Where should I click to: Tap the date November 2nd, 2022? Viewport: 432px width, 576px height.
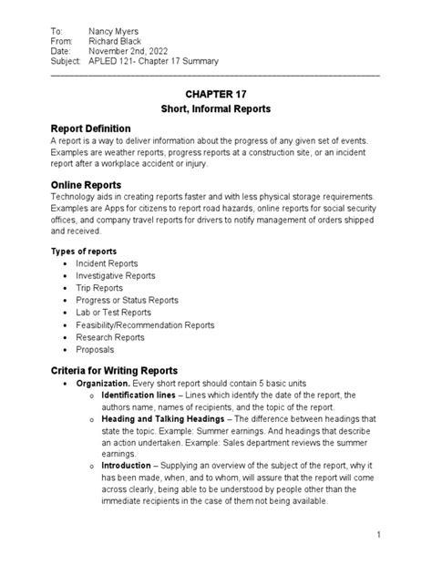pyautogui.click(x=132, y=53)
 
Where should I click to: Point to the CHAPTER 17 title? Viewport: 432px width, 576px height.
pyautogui.click(x=216, y=93)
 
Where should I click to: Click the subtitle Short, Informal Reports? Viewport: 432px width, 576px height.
pyautogui.click(x=216, y=109)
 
